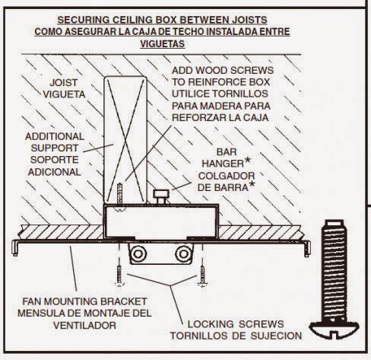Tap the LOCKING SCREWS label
click(247, 322)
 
